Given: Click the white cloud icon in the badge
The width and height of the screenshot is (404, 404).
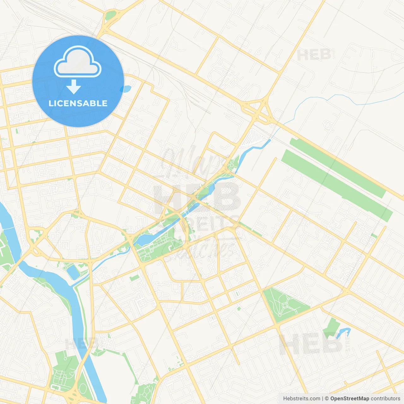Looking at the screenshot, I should [x=78, y=62].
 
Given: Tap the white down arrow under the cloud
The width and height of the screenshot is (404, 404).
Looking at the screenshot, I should [x=74, y=86].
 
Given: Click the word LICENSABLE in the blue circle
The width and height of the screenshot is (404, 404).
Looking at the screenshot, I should [x=78, y=103].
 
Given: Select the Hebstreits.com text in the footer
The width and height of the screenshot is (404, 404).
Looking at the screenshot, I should [x=301, y=399].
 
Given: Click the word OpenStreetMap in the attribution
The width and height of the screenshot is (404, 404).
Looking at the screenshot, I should [x=349, y=399].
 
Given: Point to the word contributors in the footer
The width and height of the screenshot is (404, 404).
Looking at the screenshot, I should [x=385, y=399].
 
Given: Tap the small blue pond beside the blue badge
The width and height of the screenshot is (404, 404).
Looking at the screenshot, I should [x=127, y=89].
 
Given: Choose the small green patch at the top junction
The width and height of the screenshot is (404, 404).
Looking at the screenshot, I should [x=110, y=15].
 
